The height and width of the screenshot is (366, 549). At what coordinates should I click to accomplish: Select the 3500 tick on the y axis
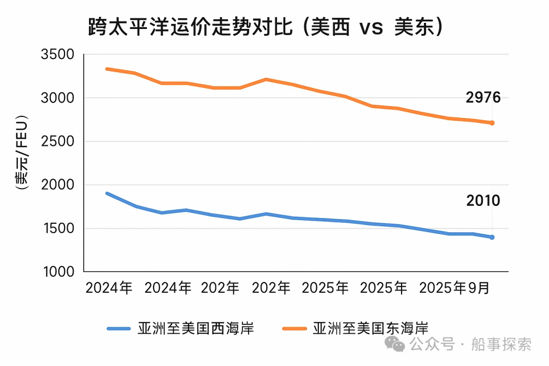coord(57,54)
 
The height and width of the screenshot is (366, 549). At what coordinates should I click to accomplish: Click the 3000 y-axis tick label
coord(57,98)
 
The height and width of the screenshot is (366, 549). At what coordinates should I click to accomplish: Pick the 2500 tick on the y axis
coord(57,141)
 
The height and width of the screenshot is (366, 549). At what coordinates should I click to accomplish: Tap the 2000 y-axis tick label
coord(57,185)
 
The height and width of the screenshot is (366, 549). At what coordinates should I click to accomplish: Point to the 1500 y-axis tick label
coord(57,228)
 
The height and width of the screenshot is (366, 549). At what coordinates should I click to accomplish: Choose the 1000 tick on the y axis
coord(57,272)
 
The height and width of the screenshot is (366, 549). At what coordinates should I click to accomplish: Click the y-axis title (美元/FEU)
coord(21,152)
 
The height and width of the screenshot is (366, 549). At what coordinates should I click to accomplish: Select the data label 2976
coord(483,98)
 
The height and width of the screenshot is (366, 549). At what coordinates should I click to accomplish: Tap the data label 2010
coord(483,201)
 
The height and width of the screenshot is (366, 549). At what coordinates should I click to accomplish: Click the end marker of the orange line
coord(492,123)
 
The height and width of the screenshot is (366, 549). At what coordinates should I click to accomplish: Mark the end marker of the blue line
coord(492,237)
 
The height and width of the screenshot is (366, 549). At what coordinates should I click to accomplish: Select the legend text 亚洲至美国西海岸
coord(196,328)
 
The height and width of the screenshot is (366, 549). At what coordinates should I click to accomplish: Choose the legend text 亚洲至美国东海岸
coord(371,328)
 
